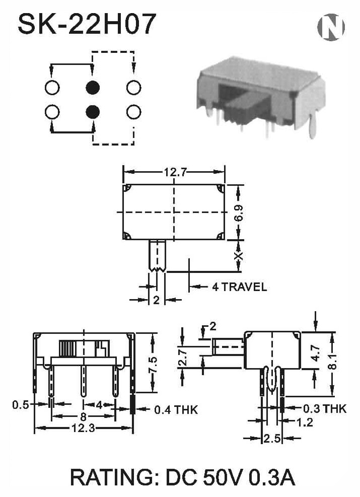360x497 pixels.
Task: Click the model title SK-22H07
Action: pos(87,24)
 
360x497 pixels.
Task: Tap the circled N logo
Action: pos(331,27)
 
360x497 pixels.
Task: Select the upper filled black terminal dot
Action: pos(93,88)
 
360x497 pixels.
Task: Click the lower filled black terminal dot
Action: pos(93,112)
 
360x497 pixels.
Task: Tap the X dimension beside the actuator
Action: pos(239,256)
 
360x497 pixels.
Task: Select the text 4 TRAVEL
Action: pos(239,287)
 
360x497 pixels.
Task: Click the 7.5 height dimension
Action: pos(152,365)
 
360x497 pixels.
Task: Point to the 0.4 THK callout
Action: pos(176,410)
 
